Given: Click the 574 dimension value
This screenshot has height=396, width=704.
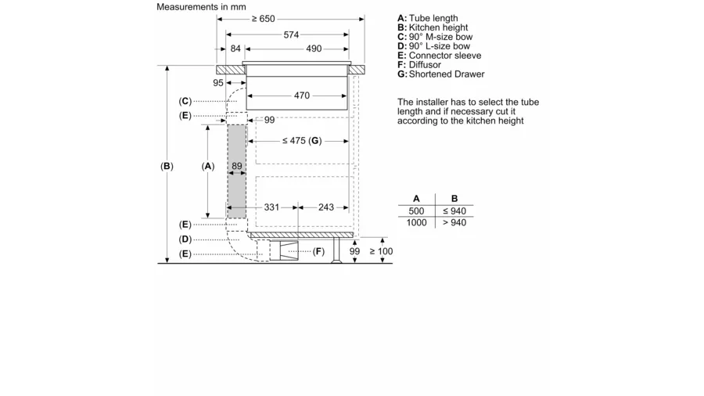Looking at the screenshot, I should [x=291, y=35].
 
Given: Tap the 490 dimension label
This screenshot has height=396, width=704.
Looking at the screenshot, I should [x=314, y=49].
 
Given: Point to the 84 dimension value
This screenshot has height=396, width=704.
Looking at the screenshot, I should [x=235, y=49].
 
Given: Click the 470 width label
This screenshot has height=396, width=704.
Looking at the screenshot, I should [x=302, y=95].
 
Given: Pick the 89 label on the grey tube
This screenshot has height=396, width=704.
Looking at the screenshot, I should [x=237, y=166].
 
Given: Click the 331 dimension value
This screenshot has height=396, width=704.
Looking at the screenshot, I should [x=271, y=207].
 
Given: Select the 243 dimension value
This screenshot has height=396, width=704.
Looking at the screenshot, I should [x=326, y=207].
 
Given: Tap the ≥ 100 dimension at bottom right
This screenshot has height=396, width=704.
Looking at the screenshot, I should [x=381, y=251].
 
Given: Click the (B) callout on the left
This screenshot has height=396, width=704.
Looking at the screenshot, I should [x=167, y=166].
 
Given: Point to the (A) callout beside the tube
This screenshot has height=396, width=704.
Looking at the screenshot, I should [x=207, y=166].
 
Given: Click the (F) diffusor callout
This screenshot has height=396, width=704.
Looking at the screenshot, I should [x=318, y=251].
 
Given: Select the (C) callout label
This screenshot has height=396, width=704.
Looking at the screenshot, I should [x=185, y=101].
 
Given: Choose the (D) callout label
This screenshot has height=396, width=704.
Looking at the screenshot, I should [x=185, y=239].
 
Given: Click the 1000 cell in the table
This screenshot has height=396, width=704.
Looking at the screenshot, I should [x=416, y=223].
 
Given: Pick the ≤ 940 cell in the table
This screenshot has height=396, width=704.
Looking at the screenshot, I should [x=454, y=211].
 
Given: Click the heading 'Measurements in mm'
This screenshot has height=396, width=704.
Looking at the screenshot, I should [x=201, y=7].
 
